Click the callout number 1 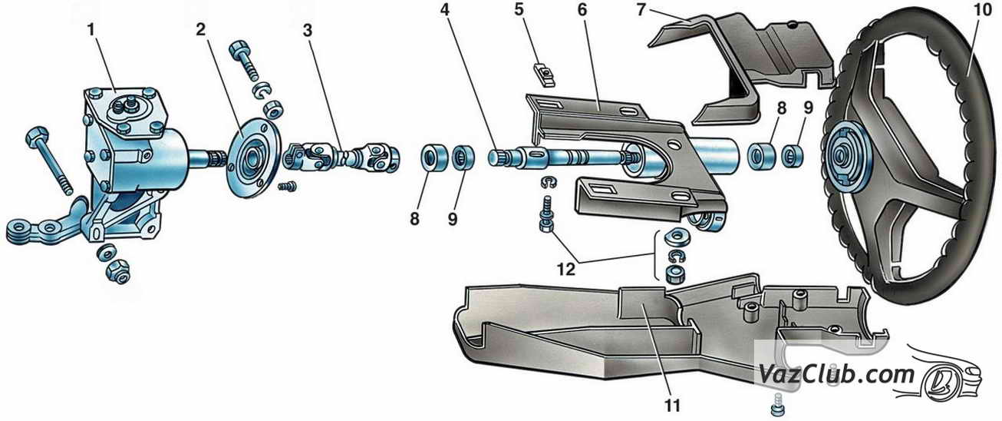click(x=91, y=30)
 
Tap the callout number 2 click(x=201, y=30)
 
